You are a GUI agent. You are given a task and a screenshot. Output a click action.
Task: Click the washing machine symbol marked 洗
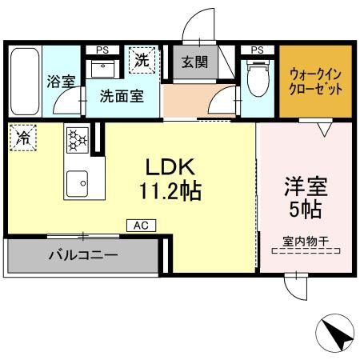click(x=142, y=60)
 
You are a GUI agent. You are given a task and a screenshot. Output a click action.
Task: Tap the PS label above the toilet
click(x=257, y=50)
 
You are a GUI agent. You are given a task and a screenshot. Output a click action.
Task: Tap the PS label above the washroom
click(x=102, y=50)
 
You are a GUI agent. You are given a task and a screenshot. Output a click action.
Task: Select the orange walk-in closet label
click(x=315, y=81)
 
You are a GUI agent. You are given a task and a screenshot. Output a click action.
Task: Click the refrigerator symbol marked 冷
click(x=22, y=137)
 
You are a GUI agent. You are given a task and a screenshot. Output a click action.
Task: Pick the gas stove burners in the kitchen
click(x=77, y=139)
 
